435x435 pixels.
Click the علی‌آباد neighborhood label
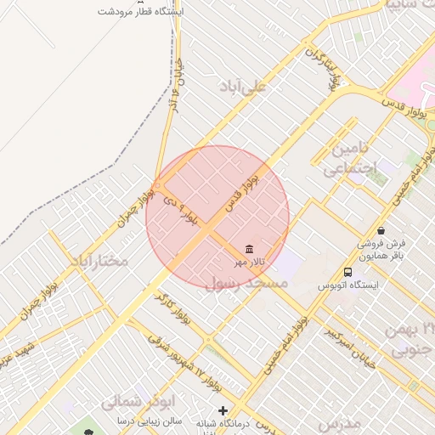(243, 87)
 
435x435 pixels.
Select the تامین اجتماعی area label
(348, 159)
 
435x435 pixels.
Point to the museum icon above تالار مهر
(249, 248)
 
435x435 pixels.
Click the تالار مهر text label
(251, 262)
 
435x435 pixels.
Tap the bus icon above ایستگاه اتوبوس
(347, 272)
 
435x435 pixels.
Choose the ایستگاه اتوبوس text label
(347, 285)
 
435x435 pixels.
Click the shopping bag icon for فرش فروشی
(380, 229)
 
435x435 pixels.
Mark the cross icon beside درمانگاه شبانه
(223, 411)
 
